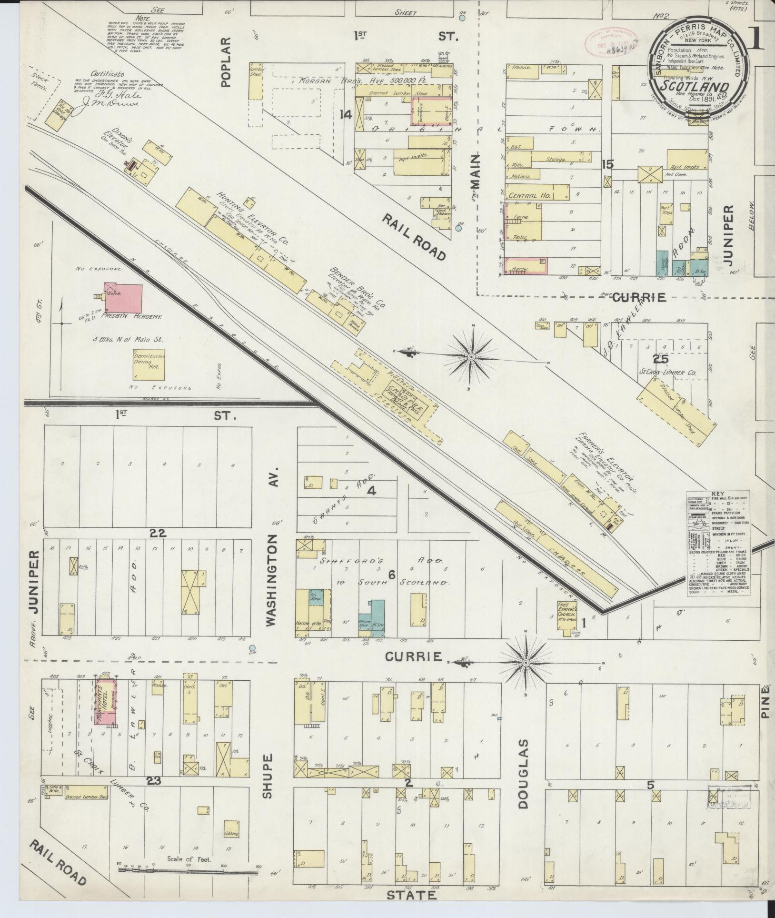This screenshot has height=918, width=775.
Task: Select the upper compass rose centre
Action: click(471, 357)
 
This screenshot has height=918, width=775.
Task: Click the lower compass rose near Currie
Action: click(525, 663)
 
